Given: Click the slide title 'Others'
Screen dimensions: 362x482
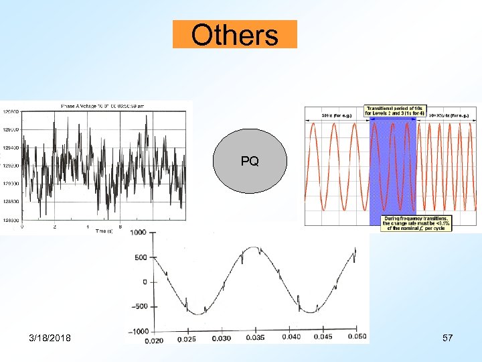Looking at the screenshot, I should point(234,34).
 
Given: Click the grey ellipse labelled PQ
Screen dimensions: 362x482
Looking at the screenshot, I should point(249,162).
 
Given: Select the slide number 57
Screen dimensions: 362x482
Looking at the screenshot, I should point(447,338).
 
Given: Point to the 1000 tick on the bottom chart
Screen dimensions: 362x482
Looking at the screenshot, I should point(138,233).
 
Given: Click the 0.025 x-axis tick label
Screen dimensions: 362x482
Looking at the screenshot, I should point(188,338).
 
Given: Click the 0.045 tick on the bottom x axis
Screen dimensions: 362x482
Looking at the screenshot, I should point(324,338).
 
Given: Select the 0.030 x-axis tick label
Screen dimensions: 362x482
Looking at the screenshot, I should point(221,338).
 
